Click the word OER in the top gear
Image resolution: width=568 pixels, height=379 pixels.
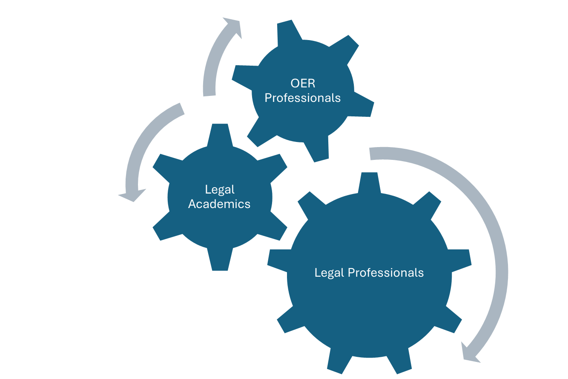click(303, 83)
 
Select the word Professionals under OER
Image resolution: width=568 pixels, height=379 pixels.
click(302, 98)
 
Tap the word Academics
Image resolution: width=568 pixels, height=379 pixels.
click(219, 204)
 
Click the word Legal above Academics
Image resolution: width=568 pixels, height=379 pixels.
click(220, 190)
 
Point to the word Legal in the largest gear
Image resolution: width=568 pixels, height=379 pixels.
click(330, 273)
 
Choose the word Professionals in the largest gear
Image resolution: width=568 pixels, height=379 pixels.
click(386, 273)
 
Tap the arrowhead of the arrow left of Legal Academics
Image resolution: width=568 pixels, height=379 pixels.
click(132, 195)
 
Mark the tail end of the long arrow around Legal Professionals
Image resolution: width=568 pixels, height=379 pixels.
click(370, 154)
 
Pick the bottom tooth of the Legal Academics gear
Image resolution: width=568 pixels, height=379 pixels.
click(220, 260)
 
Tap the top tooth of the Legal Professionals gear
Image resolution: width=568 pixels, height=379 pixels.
click(369, 182)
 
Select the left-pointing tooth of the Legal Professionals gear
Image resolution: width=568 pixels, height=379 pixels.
click(278, 260)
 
